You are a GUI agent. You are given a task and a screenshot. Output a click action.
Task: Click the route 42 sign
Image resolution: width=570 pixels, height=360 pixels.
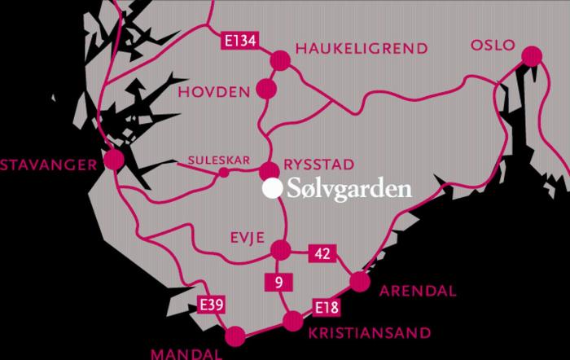click(322, 255)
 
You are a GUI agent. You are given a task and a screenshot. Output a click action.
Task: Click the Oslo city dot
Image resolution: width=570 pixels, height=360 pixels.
click(532, 56)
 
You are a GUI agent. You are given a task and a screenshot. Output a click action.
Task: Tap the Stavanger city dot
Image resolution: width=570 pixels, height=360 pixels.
click(114, 160)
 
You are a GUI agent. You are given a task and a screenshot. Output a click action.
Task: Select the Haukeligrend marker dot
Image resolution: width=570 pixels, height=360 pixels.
click(279, 59)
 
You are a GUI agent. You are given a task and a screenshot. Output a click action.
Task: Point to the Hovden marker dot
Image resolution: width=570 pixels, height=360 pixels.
click(266, 87)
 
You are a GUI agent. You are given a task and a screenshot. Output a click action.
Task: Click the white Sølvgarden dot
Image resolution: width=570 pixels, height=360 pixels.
click(271, 189)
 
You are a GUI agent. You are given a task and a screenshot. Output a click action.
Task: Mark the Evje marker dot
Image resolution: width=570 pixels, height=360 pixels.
click(280, 249)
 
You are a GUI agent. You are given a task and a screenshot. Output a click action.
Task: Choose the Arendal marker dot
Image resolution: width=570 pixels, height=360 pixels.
click(359, 283)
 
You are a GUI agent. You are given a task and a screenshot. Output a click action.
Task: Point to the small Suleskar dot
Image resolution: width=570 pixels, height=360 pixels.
click(224, 172)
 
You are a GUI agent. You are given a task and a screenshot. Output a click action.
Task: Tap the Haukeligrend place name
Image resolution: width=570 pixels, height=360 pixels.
click(362, 49)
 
